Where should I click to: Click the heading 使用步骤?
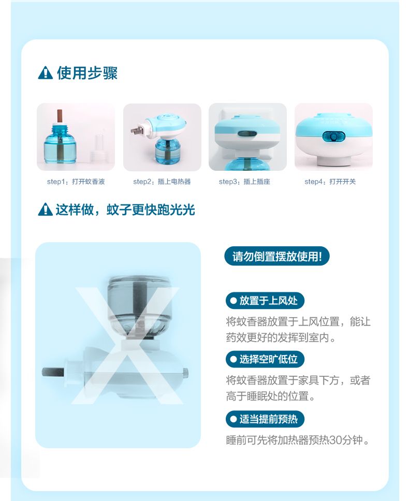87,73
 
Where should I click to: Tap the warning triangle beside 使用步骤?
46,73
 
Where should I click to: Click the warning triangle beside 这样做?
46,210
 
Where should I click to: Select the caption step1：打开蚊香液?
76,182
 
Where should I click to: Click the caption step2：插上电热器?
162,182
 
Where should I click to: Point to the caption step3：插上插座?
244,182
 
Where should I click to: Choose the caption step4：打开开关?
330,182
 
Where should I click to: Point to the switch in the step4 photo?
334,137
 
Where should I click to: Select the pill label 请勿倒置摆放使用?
276,256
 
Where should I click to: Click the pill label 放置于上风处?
265,300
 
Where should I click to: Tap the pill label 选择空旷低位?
265,359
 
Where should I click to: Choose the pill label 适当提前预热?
265,419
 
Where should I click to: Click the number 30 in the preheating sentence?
335,440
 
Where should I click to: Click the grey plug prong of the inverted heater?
53,372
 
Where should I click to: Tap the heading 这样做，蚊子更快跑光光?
125,210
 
